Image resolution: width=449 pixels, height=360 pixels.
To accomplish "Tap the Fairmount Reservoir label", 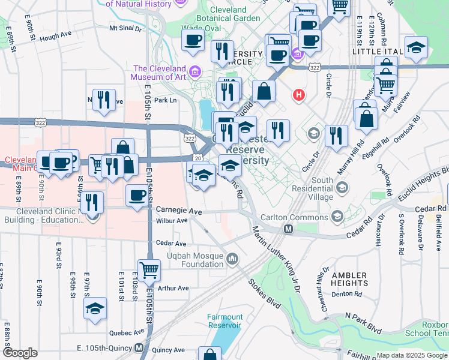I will tap(224, 321).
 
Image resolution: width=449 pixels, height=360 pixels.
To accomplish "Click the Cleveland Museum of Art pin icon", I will tap(194, 73).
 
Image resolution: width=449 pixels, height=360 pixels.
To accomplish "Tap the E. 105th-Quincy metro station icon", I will tap(139, 347).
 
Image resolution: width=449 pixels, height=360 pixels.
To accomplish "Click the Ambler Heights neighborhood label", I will tap(349, 278).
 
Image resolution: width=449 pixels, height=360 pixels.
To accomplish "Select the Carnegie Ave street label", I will tap(179, 211).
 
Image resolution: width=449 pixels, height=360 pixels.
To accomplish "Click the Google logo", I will tap(20, 353).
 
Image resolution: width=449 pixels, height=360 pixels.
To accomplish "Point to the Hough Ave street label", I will tap(56, 37).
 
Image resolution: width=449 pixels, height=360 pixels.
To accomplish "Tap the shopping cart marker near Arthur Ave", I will tap(148, 271).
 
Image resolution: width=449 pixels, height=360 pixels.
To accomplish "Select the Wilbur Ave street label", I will tap(172, 221).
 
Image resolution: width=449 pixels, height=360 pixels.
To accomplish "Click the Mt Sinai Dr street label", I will tap(125, 28).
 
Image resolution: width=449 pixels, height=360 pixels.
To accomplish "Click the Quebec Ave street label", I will tap(127, 332).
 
